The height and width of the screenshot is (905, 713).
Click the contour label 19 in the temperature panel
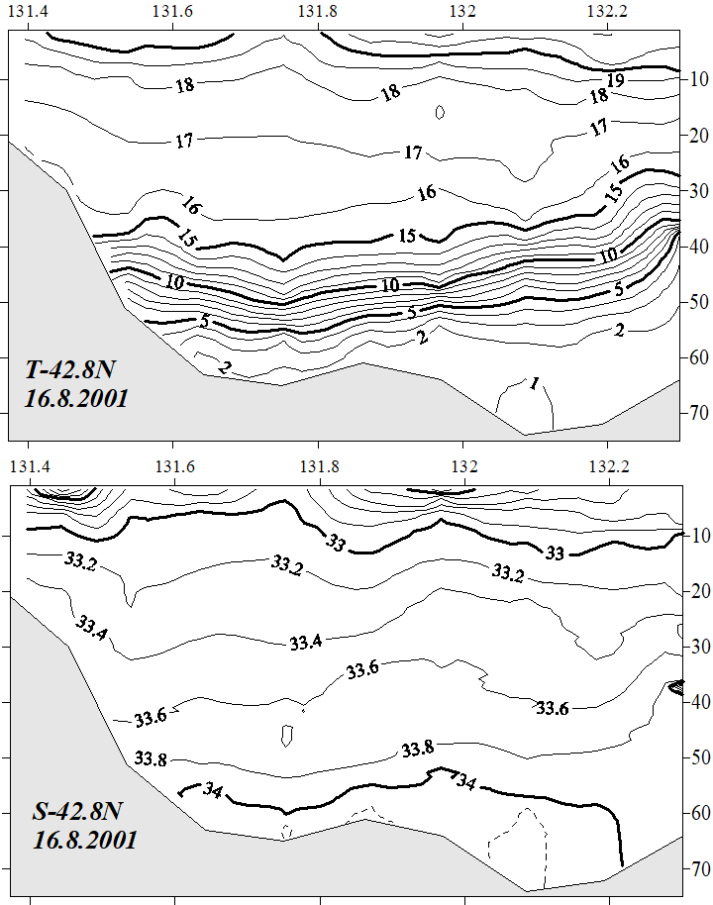tap(614, 80)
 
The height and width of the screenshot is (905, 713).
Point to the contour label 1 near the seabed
tap(535, 383)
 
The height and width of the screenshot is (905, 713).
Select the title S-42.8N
tap(79, 812)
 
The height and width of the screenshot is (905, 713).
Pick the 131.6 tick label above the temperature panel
tap(173, 12)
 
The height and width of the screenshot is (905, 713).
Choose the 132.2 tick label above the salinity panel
tap(608, 464)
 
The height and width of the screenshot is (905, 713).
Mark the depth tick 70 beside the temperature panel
tap(698, 410)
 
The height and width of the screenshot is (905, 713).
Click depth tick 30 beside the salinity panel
tap(698, 647)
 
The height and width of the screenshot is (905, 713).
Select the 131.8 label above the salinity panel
tap(318, 464)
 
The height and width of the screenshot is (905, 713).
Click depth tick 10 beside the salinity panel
tap(698, 536)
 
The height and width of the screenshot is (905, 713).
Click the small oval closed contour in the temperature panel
tap(440, 113)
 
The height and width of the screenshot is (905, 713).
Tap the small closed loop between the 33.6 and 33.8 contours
tap(286, 736)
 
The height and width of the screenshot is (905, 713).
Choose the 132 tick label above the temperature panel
tap(463, 12)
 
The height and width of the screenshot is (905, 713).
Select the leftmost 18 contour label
tap(184, 85)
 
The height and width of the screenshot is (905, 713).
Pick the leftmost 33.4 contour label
tap(92, 627)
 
